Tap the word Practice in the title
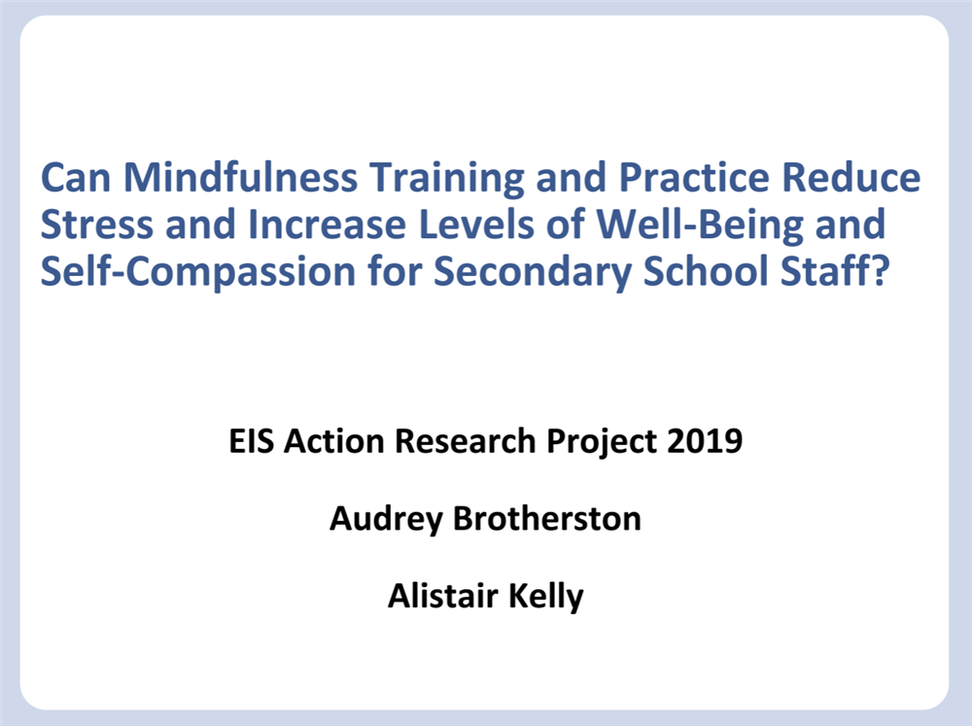click(x=694, y=177)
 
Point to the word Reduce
click(x=851, y=177)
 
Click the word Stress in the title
click(x=96, y=225)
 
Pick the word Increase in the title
click(x=327, y=225)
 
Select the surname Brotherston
click(x=546, y=518)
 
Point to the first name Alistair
click(x=442, y=596)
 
